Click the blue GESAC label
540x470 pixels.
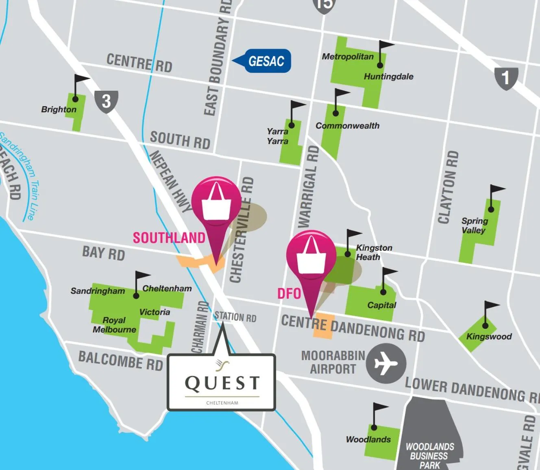point(266,61)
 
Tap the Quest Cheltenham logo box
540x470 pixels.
point(222,382)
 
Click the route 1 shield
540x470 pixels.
point(506,78)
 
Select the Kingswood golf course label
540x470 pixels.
point(489,337)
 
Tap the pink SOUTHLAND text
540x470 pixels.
point(169,238)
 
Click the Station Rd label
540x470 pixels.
point(235,317)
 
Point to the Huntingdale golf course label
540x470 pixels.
point(388,77)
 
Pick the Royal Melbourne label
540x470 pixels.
point(114,325)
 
